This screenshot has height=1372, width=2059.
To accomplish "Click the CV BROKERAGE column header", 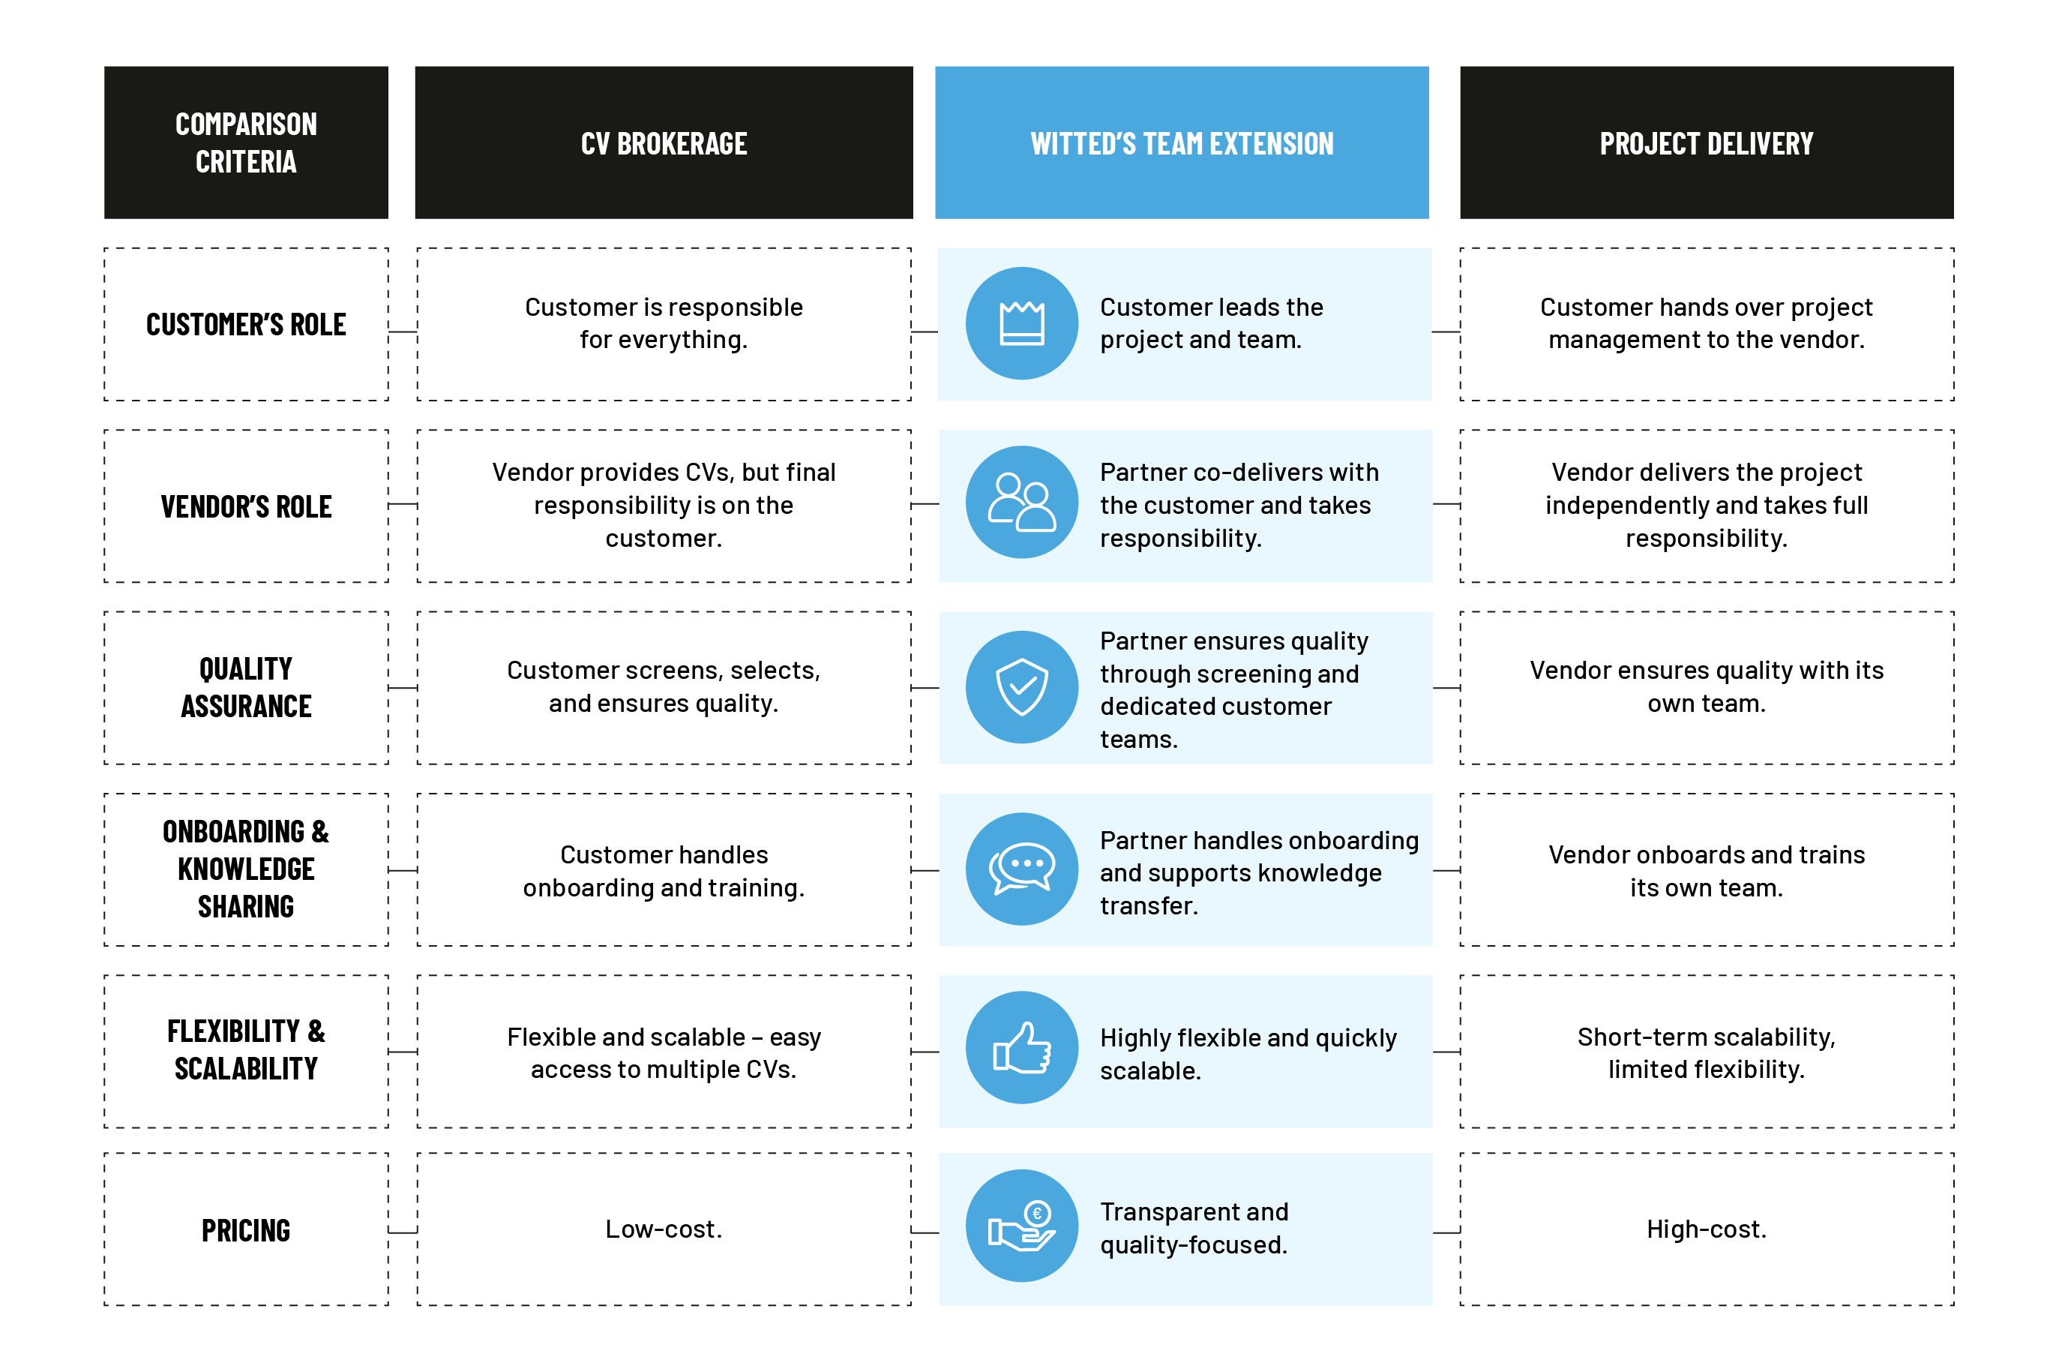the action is [664, 143].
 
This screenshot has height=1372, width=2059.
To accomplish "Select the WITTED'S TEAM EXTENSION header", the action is [1182, 143].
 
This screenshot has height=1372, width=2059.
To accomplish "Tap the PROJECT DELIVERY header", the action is [1706, 143].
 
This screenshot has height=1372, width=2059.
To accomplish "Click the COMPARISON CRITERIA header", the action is [246, 143].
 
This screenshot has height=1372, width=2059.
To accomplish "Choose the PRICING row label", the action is [246, 1230].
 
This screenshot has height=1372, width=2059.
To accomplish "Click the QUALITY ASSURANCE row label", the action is [246, 688].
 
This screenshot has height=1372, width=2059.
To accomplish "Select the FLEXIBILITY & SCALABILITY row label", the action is [246, 1050].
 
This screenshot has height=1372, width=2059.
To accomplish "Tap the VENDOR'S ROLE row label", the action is [246, 506].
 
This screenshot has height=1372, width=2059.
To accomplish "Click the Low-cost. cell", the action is [664, 1229].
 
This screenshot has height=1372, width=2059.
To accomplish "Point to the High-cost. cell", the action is [1706, 1229].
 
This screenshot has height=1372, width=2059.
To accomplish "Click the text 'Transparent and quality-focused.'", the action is [1194, 1228].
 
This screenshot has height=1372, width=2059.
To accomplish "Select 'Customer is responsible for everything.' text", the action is [664, 323].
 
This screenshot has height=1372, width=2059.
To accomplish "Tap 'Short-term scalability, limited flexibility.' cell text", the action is [1706, 1052].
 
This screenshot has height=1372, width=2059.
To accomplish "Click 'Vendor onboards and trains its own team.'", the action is [1706, 871].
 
